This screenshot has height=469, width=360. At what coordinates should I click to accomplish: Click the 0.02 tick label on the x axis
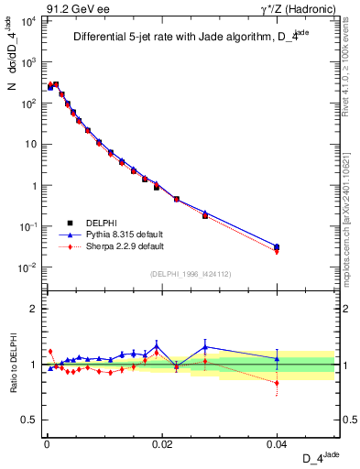click(x=161, y=442)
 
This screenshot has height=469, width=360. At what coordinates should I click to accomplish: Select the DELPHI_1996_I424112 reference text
click(x=190, y=272)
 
